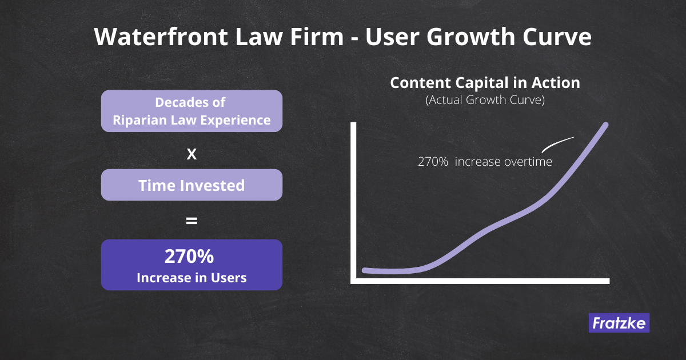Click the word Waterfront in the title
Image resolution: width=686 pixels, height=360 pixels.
click(x=161, y=37)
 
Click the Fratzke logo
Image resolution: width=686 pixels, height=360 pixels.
click(x=619, y=323)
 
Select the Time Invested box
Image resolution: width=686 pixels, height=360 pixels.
click(x=192, y=185)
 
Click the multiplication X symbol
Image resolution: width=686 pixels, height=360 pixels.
click(x=192, y=154)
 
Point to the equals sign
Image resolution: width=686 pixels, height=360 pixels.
click(x=192, y=221)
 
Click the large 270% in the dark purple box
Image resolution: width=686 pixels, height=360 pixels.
click(x=189, y=256)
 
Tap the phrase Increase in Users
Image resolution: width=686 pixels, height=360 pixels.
click(x=192, y=278)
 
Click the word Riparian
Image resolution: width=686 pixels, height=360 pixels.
click(x=139, y=121)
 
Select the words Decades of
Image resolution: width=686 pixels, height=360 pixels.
click(x=190, y=102)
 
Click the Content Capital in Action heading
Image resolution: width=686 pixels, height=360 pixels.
click(x=485, y=83)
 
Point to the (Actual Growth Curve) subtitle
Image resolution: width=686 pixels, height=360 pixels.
click(x=485, y=100)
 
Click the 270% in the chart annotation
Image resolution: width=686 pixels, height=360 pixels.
click(x=433, y=162)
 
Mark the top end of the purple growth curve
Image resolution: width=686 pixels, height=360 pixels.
click(x=606, y=125)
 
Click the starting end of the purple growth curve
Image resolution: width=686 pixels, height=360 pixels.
click(x=365, y=270)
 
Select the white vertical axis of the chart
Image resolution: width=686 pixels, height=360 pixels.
click(x=353, y=203)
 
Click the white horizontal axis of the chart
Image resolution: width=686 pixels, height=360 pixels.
click(x=480, y=281)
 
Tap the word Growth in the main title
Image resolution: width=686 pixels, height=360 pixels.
click(x=471, y=37)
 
